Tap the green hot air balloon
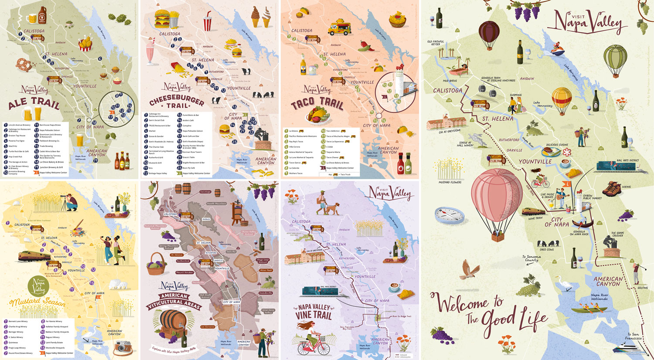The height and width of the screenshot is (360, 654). pyautogui.click(x=615, y=59)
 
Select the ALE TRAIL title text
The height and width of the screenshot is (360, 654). pyautogui.click(x=34, y=103)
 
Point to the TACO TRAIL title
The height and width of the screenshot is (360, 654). pyautogui.click(x=317, y=103)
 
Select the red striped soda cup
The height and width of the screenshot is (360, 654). pyautogui.click(x=208, y=22)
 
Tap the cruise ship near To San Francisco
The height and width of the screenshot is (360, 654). pyautogui.click(x=628, y=349)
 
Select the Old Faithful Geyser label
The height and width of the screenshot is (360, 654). pyautogui.click(x=436, y=43)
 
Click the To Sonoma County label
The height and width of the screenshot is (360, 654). pyautogui.click(x=531, y=258)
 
